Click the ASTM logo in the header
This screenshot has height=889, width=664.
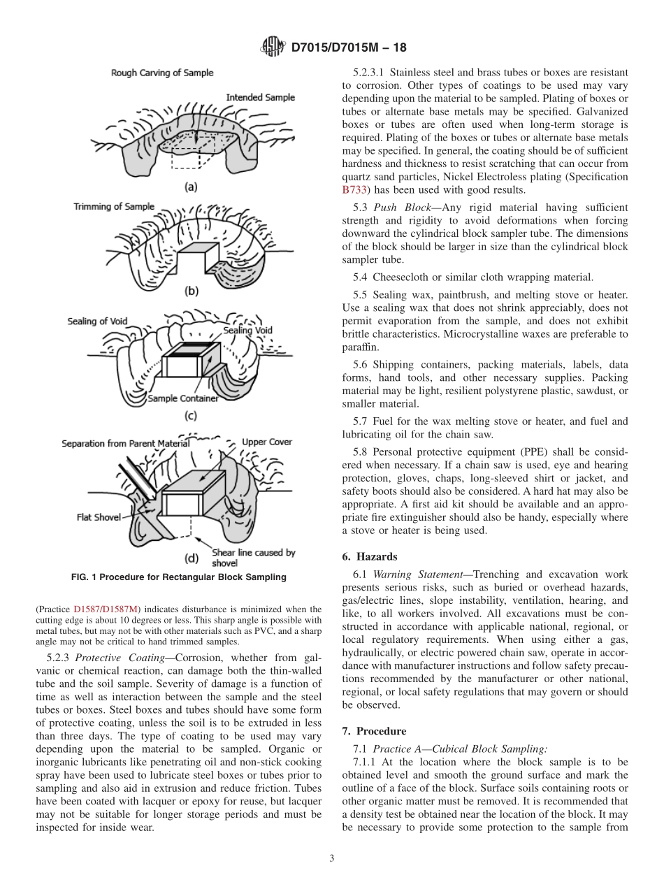pos(272,48)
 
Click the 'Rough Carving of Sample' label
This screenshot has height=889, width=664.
pos(162,73)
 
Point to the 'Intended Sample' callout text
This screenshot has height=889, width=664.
pos(260,97)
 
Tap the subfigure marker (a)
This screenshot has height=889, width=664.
pos(190,187)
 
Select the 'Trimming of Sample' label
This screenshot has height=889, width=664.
pos(114,206)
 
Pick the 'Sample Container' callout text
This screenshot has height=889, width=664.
pos(183,398)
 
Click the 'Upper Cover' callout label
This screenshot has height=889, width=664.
pos(267,442)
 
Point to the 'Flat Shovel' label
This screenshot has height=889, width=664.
pos(99,518)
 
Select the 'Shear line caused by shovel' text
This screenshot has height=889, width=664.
pos(253,557)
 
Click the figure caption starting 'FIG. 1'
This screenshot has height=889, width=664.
pos(179,577)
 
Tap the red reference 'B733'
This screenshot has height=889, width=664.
pos(354,189)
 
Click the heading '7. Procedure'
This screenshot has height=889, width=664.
pos(374,731)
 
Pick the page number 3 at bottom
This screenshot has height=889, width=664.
pos(332,858)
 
